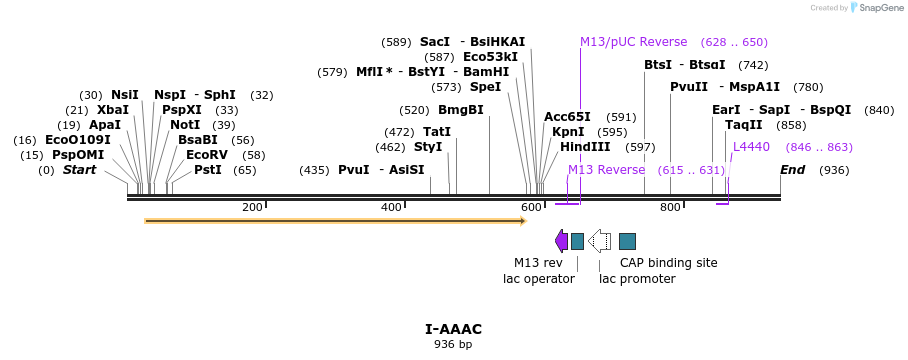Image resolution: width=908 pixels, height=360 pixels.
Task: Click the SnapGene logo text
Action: pyautogui.click(x=877, y=8)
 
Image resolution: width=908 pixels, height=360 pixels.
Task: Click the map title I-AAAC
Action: pyautogui.click(x=453, y=329)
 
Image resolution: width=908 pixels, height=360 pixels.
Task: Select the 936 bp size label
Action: pyautogui.click(x=453, y=344)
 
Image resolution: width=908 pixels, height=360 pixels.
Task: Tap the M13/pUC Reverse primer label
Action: pyautogui.click(x=633, y=42)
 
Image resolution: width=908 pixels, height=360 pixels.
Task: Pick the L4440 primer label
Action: pyautogui.click(x=751, y=147)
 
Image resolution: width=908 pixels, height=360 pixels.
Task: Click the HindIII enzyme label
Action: pyautogui.click(x=585, y=147)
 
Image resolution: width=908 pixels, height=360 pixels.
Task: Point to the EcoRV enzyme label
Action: pyautogui.click(x=207, y=155)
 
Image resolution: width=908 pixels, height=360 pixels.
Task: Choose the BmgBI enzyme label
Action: pyautogui.click(x=461, y=110)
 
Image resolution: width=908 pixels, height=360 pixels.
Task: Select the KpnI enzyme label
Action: pyautogui.click(x=568, y=132)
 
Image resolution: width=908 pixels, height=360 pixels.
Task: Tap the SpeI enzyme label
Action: pyautogui.click(x=485, y=87)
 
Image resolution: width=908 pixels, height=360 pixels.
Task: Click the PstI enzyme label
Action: pyautogui.click(x=208, y=170)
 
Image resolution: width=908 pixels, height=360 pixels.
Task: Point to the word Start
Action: pyautogui.click(x=80, y=170)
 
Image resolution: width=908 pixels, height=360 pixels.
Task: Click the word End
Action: pyautogui.click(x=793, y=170)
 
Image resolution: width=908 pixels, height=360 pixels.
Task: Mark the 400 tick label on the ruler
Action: pyautogui.click(x=391, y=207)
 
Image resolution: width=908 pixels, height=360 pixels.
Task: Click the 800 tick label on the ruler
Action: pyautogui.click(x=670, y=207)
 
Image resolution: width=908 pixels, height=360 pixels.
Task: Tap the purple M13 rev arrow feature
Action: pyautogui.click(x=562, y=240)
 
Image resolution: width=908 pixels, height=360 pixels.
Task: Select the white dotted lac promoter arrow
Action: pyautogui.click(x=600, y=240)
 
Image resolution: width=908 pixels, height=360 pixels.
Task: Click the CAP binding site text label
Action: pyautogui.click(x=668, y=263)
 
